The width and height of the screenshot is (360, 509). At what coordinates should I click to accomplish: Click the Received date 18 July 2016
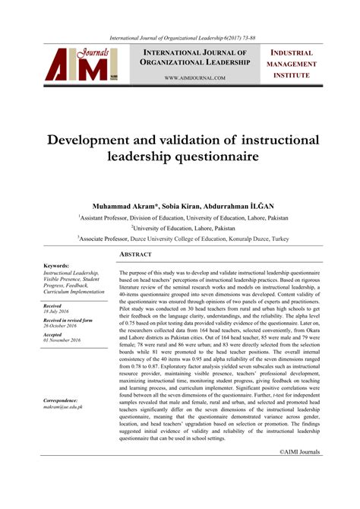[x=55, y=311]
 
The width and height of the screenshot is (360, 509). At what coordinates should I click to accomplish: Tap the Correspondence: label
[x=61, y=400]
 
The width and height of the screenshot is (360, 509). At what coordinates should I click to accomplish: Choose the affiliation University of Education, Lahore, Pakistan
[x=183, y=227]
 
